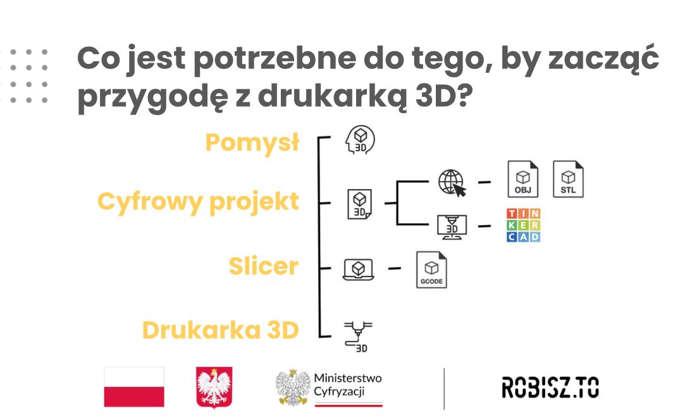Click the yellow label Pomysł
pyautogui.click(x=252, y=143)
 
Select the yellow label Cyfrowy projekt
pyautogui.click(x=198, y=202)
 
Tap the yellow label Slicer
pyautogui.click(x=264, y=266)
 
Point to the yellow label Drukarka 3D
pyautogui.click(x=221, y=330)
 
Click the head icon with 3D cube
pyautogui.click(x=360, y=140)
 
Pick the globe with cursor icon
pyautogui.click(x=452, y=183)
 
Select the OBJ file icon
pyautogui.click(x=523, y=178)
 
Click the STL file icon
pyautogui.click(x=568, y=178)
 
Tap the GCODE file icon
pyautogui.click(x=431, y=269)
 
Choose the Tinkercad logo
pyautogui.click(x=523, y=225)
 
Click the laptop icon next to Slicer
pyautogui.click(x=359, y=269)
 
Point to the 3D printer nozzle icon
pyautogui.click(x=358, y=337)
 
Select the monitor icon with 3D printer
pyautogui.click(x=452, y=227)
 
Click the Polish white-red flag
pyautogui.click(x=134, y=387)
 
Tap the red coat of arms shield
pyautogui.click(x=214, y=387)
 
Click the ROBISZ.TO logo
pyautogui.click(x=550, y=387)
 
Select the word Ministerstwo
pyautogui.click(x=348, y=378)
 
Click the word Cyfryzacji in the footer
pyautogui.click(x=339, y=392)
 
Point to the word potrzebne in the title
pyautogui.click(x=275, y=59)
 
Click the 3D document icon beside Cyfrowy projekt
pyautogui.click(x=359, y=204)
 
